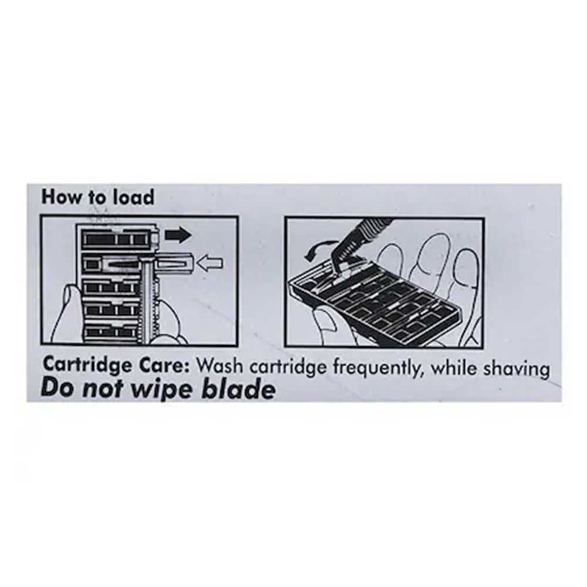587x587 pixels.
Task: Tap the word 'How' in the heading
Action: coord(62,197)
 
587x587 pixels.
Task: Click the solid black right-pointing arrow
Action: coord(178,235)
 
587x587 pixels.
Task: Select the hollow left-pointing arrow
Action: coord(210,263)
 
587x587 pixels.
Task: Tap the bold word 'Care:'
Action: coord(164,365)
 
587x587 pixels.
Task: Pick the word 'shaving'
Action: coord(517,369)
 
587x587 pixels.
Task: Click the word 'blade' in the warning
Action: coord(238,389)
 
